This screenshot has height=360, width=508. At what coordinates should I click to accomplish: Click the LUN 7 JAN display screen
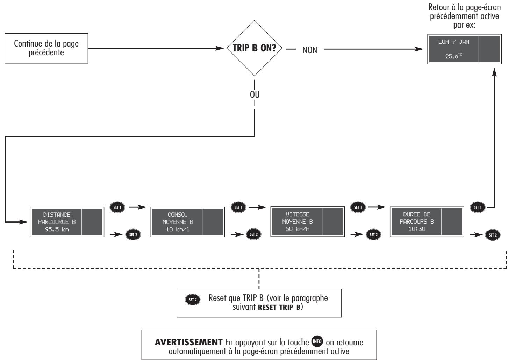pyautogui.click(x=464, y=49)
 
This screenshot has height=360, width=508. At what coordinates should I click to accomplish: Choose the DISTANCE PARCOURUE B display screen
pyautogui.click(x=67, y=222)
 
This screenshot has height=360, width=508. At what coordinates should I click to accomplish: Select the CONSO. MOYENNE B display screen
pyautogui.click(x=187, y=222)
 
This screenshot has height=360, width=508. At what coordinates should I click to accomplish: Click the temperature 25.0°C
pyautogui.click(x=453, y=56)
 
